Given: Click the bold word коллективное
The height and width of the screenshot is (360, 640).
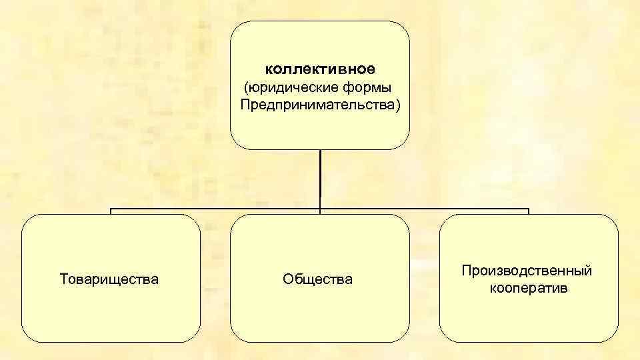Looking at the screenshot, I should [319, 69].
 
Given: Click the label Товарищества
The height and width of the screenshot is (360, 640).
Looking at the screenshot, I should [109, 279].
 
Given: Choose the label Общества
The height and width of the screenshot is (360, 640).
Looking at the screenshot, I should [317, 279].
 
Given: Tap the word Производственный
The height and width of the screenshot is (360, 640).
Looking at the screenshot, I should [527, 271].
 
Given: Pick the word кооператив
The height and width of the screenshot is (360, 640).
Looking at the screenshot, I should [528, 289].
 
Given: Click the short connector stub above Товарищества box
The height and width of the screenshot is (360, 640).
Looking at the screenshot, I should [111, 212].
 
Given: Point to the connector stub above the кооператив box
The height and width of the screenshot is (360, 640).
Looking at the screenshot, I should [528, 212].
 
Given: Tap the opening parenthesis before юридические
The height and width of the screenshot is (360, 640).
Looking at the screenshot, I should [247, 88].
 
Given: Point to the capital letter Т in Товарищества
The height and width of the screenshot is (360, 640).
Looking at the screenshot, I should [64, 279].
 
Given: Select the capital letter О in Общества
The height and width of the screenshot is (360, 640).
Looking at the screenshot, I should [287, 279].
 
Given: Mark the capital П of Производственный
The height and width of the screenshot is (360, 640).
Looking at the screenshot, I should [466, 271].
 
